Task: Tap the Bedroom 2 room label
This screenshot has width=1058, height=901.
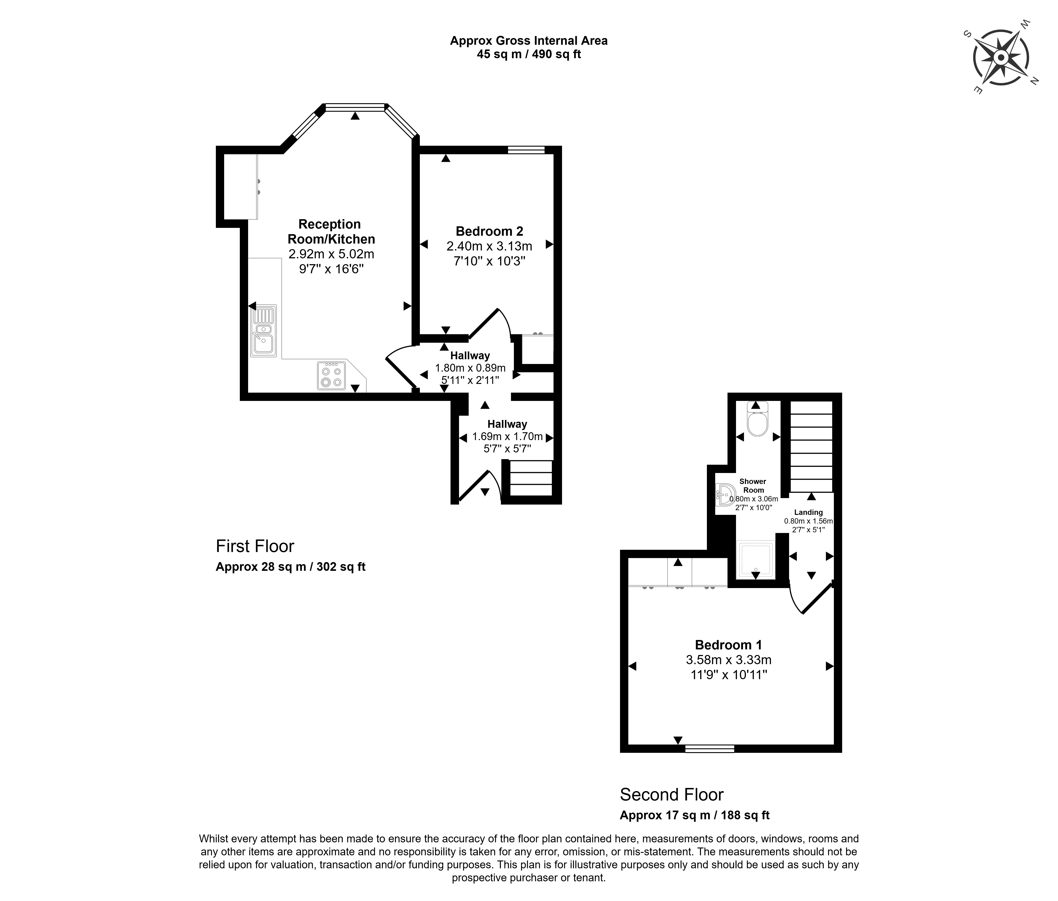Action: (489, 231)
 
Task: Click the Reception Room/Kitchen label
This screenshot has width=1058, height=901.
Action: (331, 231)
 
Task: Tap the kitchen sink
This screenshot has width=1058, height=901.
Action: (264, 331)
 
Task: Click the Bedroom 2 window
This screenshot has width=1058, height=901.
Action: (526, 150)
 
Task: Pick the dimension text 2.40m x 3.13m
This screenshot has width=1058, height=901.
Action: (489, 246)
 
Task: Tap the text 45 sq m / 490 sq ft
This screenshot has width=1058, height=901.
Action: (529, 54)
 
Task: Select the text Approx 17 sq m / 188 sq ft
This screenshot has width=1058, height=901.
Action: (694, 815)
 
